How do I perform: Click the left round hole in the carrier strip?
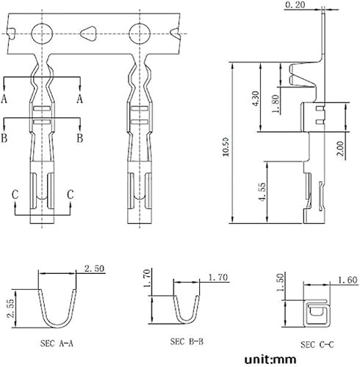41,33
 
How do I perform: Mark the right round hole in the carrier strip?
138,33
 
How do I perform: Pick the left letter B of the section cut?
5,137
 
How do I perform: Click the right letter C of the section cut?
71,194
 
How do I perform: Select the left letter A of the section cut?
5,98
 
